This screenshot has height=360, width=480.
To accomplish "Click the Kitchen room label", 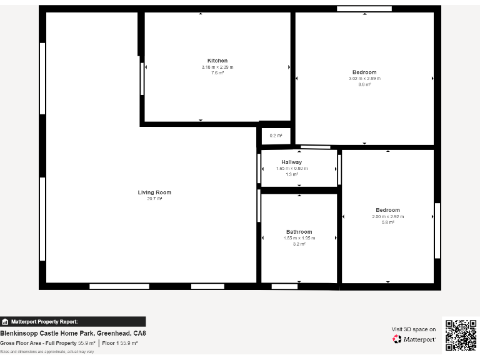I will coord(217,61).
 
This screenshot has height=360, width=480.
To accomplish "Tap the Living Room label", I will coord(154,192).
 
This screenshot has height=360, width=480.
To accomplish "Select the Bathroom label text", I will coord(299,232).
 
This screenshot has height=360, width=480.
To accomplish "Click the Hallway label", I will coord(291,162).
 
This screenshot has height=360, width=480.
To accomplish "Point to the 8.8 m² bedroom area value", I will coord(364,85).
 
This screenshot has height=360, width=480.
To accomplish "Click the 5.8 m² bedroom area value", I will coord(387,222).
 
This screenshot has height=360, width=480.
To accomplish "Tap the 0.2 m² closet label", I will coord(276,136).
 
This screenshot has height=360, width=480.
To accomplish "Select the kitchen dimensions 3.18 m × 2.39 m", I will coord(217,67).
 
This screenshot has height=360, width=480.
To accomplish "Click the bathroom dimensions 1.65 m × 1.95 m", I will coord(299,238).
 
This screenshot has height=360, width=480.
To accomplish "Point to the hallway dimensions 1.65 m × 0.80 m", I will coord(291,168).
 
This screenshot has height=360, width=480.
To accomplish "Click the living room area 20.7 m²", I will coord(154,199).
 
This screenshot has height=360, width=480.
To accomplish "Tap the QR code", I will coord(461,335).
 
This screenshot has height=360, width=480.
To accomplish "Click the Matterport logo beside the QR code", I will coord(414,339).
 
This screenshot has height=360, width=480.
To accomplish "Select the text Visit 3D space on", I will coord(413,329).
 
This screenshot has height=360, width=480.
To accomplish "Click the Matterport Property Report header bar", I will coord(72,322).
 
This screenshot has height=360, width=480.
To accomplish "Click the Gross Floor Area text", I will coord(47,343).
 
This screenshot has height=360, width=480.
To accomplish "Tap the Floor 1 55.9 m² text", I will coord(120,343).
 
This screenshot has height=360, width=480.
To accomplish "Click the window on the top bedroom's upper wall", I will coord(364,9).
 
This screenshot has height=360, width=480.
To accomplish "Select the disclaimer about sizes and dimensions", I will coord(47,352).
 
